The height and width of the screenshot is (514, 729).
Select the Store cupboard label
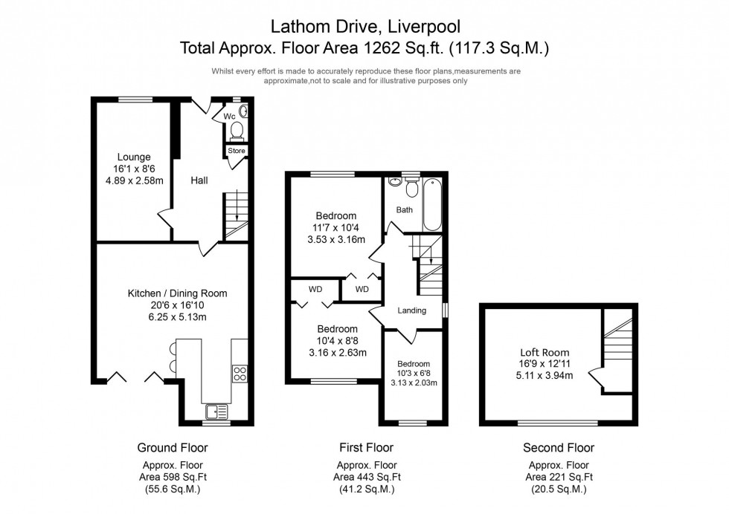pyautogui.click(x=236, y=151)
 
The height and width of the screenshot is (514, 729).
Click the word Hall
pyautogui.click(x=199, y=180)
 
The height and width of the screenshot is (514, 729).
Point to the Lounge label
pyautogui.click(x=134, y=157)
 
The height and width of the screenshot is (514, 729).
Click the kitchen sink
pyautogui.click(x=216, y=410)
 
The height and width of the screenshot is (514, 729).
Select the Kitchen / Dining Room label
pyautogui.click(x=177, y=293)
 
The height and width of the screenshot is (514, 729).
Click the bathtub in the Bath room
pyautogui.click(x=433, y=205)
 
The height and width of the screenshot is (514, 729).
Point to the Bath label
pyautogui.click(x=404, y=209)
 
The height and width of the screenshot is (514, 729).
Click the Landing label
pyautogui.click(x=411, y=310)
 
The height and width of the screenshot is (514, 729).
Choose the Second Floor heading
pyautogui.click(x=559, y=447)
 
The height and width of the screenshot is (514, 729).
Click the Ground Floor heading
pyautogui.click(x=173, y=447)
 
